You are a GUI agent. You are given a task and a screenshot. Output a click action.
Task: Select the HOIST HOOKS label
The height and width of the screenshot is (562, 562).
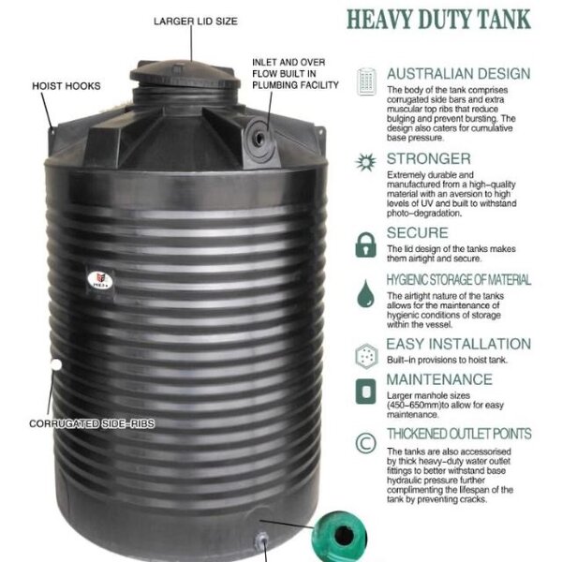tap(67, 85)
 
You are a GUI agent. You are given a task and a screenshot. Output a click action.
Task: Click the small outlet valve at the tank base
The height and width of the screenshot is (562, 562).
tap(262, 540)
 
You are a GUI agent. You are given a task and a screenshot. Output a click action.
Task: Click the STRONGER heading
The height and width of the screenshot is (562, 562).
tap(428, 159)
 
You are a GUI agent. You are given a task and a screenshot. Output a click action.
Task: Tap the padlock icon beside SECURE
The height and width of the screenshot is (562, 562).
tap(365, 244)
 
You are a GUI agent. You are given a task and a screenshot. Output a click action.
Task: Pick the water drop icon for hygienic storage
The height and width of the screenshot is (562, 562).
tap(365, 298)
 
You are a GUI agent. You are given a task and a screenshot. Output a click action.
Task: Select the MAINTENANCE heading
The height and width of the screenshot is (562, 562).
tap(438, 379)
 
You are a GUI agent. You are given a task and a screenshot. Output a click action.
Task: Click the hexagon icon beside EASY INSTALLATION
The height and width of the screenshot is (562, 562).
tap(365, 355)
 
